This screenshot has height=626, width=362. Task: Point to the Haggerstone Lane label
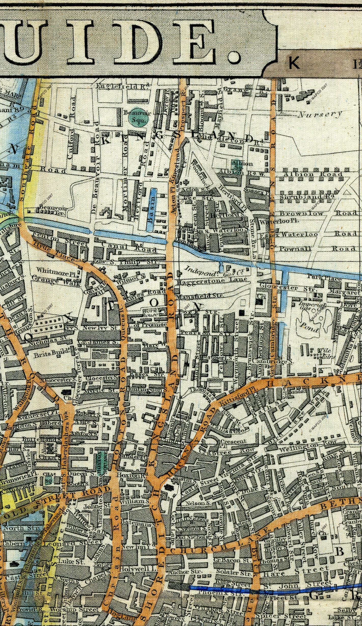coord(212,280)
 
